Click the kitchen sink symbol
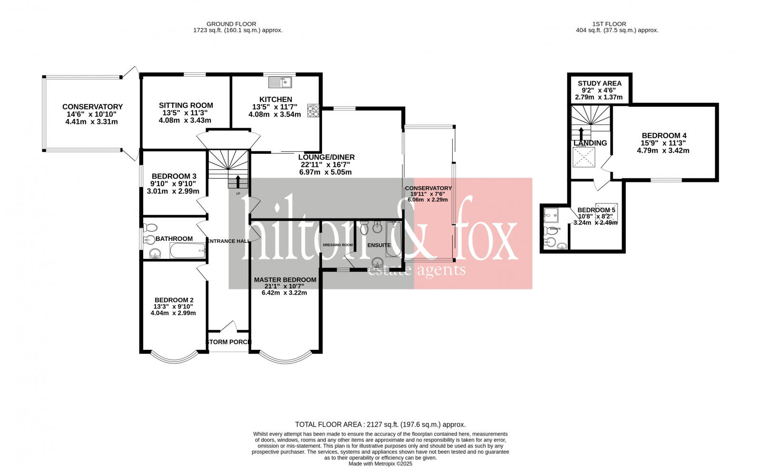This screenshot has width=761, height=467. (x=280, y=82)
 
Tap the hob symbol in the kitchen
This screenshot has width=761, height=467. (x=313, y=110)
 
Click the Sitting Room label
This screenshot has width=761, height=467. (x=186, y=105)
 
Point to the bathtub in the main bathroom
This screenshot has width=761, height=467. (x=187, y=250)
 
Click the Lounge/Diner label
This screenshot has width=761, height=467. (x=326, y=157)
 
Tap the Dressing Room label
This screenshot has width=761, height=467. (x=338, y=245)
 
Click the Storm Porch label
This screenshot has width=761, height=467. (x=228, y=342)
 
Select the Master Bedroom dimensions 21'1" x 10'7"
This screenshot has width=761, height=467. (x=284, y=286)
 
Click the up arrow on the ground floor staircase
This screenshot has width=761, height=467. (x=238, y=181)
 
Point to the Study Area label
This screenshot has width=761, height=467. (x=599, y=83)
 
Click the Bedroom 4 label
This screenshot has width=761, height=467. (x=663, y=136)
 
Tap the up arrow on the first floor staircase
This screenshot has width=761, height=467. (x=581, y=133)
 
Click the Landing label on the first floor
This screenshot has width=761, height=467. (x=590, y=143)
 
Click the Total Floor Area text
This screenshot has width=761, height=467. (x=380, y=424)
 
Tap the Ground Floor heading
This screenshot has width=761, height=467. (x=231, y=24)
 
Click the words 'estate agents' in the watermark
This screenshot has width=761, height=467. (x=417, y=271)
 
